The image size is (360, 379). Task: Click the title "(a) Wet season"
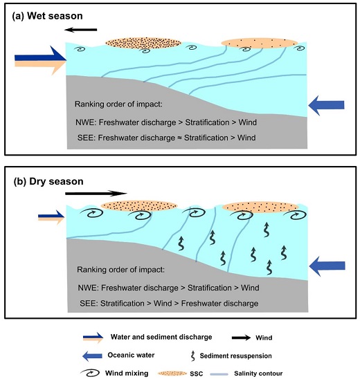pos(47,16)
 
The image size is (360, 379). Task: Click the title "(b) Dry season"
pos(48,181)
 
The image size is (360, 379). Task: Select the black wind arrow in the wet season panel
pos(80,30)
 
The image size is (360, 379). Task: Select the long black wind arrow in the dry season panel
pos(96,193)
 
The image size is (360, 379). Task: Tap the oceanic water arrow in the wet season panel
pos(326,105)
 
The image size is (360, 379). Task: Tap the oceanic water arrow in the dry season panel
pos(327,266)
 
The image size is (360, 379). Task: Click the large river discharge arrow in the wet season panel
pos(40,60)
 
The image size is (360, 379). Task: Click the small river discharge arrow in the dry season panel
pos(51,217)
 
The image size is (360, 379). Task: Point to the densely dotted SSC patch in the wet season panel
pos(143,43)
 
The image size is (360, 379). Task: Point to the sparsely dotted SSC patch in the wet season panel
pos(260,43)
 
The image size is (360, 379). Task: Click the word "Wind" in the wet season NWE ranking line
pos(248,122)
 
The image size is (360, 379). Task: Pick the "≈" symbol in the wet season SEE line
pos(179,138)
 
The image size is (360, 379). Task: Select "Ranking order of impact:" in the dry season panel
pos(120,270)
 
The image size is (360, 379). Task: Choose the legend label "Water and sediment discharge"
pos(161,337)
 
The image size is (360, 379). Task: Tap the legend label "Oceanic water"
pos(131,355)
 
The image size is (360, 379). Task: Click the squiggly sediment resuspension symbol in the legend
pos(193,356)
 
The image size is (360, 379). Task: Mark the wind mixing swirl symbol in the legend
pos(90,373)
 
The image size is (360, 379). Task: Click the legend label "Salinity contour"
pos(258,373)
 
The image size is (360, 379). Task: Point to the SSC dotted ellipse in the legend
pos(172,373)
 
